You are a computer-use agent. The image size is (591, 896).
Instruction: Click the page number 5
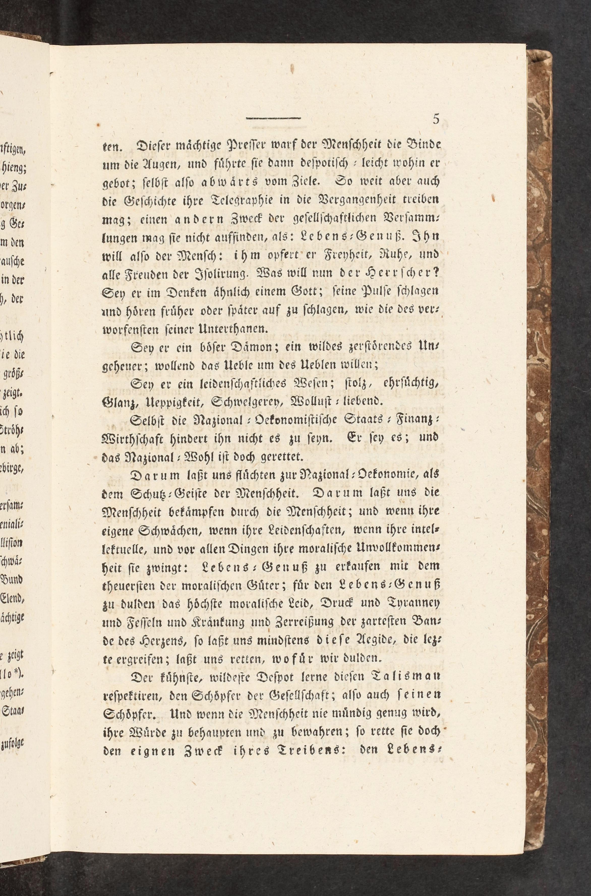436,119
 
